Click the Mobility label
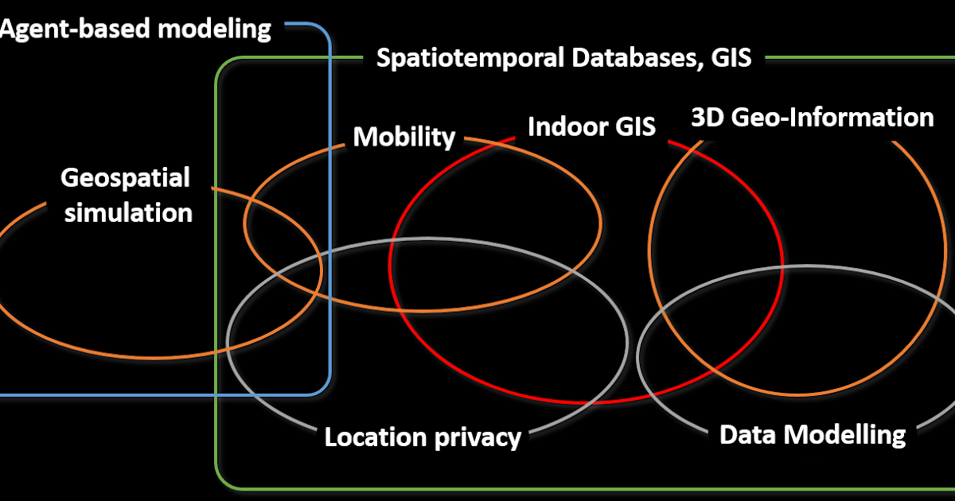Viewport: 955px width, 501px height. click(403, 137)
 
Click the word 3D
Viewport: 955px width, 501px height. click(707, 118)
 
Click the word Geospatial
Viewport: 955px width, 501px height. click(126, 177)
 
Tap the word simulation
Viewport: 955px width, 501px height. click(128, 212)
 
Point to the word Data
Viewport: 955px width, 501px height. click(747, 434)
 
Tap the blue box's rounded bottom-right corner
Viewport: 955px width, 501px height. click(323, 387)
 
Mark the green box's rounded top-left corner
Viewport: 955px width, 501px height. click(222, 65)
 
